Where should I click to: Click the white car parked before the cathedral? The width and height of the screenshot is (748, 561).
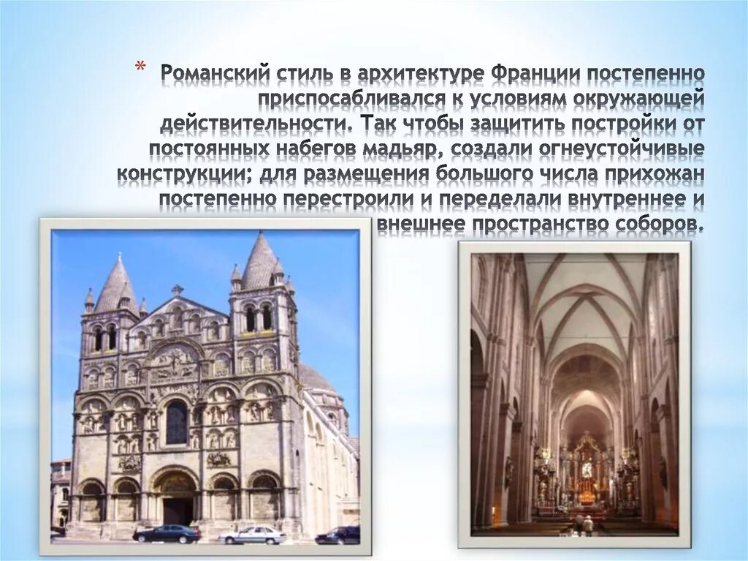[x=252, y=535]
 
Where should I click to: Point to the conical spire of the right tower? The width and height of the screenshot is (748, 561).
[x=259, y=261]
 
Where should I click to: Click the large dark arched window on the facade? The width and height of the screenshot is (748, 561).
[x=176, y=422]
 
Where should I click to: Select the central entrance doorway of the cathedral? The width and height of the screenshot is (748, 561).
[x=175, y=508]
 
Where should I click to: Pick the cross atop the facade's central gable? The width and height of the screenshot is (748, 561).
[x=176, y=290]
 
